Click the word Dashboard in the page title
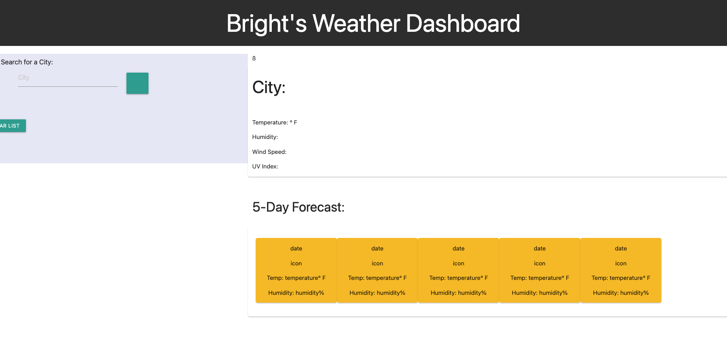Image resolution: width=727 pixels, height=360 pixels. tap(463, 24)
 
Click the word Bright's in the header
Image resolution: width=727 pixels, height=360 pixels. tap(266, 24)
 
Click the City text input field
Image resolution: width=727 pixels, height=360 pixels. tap(68, 78)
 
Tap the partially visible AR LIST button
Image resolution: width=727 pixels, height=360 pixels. tap(12, 126)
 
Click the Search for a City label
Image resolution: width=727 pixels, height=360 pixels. tap(27, 62)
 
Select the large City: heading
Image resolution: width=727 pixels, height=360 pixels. tap(269, 87)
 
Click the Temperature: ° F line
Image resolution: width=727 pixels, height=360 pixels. tap(275, 122)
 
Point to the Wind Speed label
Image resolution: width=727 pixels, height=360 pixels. tap(269, 152)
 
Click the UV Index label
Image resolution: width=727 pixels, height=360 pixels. tap(265, 166)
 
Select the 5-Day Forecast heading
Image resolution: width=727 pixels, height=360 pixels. tap(298, 207)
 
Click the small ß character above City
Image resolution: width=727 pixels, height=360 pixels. tap(254, 58)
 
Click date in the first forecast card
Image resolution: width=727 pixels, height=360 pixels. tap(296, 249)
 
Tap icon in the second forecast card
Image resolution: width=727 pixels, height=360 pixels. tap(377, 263)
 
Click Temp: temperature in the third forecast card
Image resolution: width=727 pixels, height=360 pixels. tap(458, 278)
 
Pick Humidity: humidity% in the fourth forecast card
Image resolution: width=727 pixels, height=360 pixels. tap(539, 293)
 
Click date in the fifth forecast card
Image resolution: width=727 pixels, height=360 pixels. tap(621, 249)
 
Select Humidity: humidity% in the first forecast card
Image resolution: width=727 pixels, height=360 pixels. tap(296, 293)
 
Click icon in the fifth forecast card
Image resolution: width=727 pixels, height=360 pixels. tap(621, 263)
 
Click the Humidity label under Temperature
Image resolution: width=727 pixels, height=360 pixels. tap(265, 137)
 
